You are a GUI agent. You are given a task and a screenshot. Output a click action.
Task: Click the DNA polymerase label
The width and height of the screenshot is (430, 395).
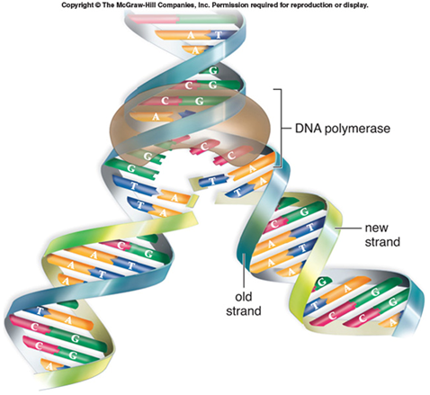click(343, 129)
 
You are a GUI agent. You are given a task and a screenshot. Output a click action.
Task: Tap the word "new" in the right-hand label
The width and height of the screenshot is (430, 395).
click(376, 228)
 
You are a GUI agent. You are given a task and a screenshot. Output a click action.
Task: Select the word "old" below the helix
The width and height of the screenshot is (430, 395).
click(243, 297)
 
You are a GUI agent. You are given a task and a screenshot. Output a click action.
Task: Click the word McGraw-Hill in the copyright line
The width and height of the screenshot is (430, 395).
click(128, 5)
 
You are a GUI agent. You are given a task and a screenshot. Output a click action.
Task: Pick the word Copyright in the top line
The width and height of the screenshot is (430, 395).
click(77, 5)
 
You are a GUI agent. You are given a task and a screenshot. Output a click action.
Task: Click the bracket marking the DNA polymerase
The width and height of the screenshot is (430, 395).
click(281, 129)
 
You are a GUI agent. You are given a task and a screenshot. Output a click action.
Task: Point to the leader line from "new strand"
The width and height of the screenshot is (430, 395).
click(348, 229)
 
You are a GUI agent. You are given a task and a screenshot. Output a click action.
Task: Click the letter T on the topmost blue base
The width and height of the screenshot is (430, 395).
click(219, 35)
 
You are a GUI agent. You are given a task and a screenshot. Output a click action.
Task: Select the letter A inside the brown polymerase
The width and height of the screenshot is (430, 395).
click(156, 116)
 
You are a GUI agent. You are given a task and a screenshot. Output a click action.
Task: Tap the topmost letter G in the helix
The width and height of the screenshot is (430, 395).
click(213, 71)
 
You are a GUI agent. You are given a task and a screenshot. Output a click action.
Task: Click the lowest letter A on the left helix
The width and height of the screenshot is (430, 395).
click(49, 366)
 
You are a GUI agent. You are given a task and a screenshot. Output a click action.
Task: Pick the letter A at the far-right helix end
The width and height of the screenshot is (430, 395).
click(392, 323)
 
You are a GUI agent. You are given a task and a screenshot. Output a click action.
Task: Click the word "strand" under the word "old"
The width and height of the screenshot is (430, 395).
click(244, 311)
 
